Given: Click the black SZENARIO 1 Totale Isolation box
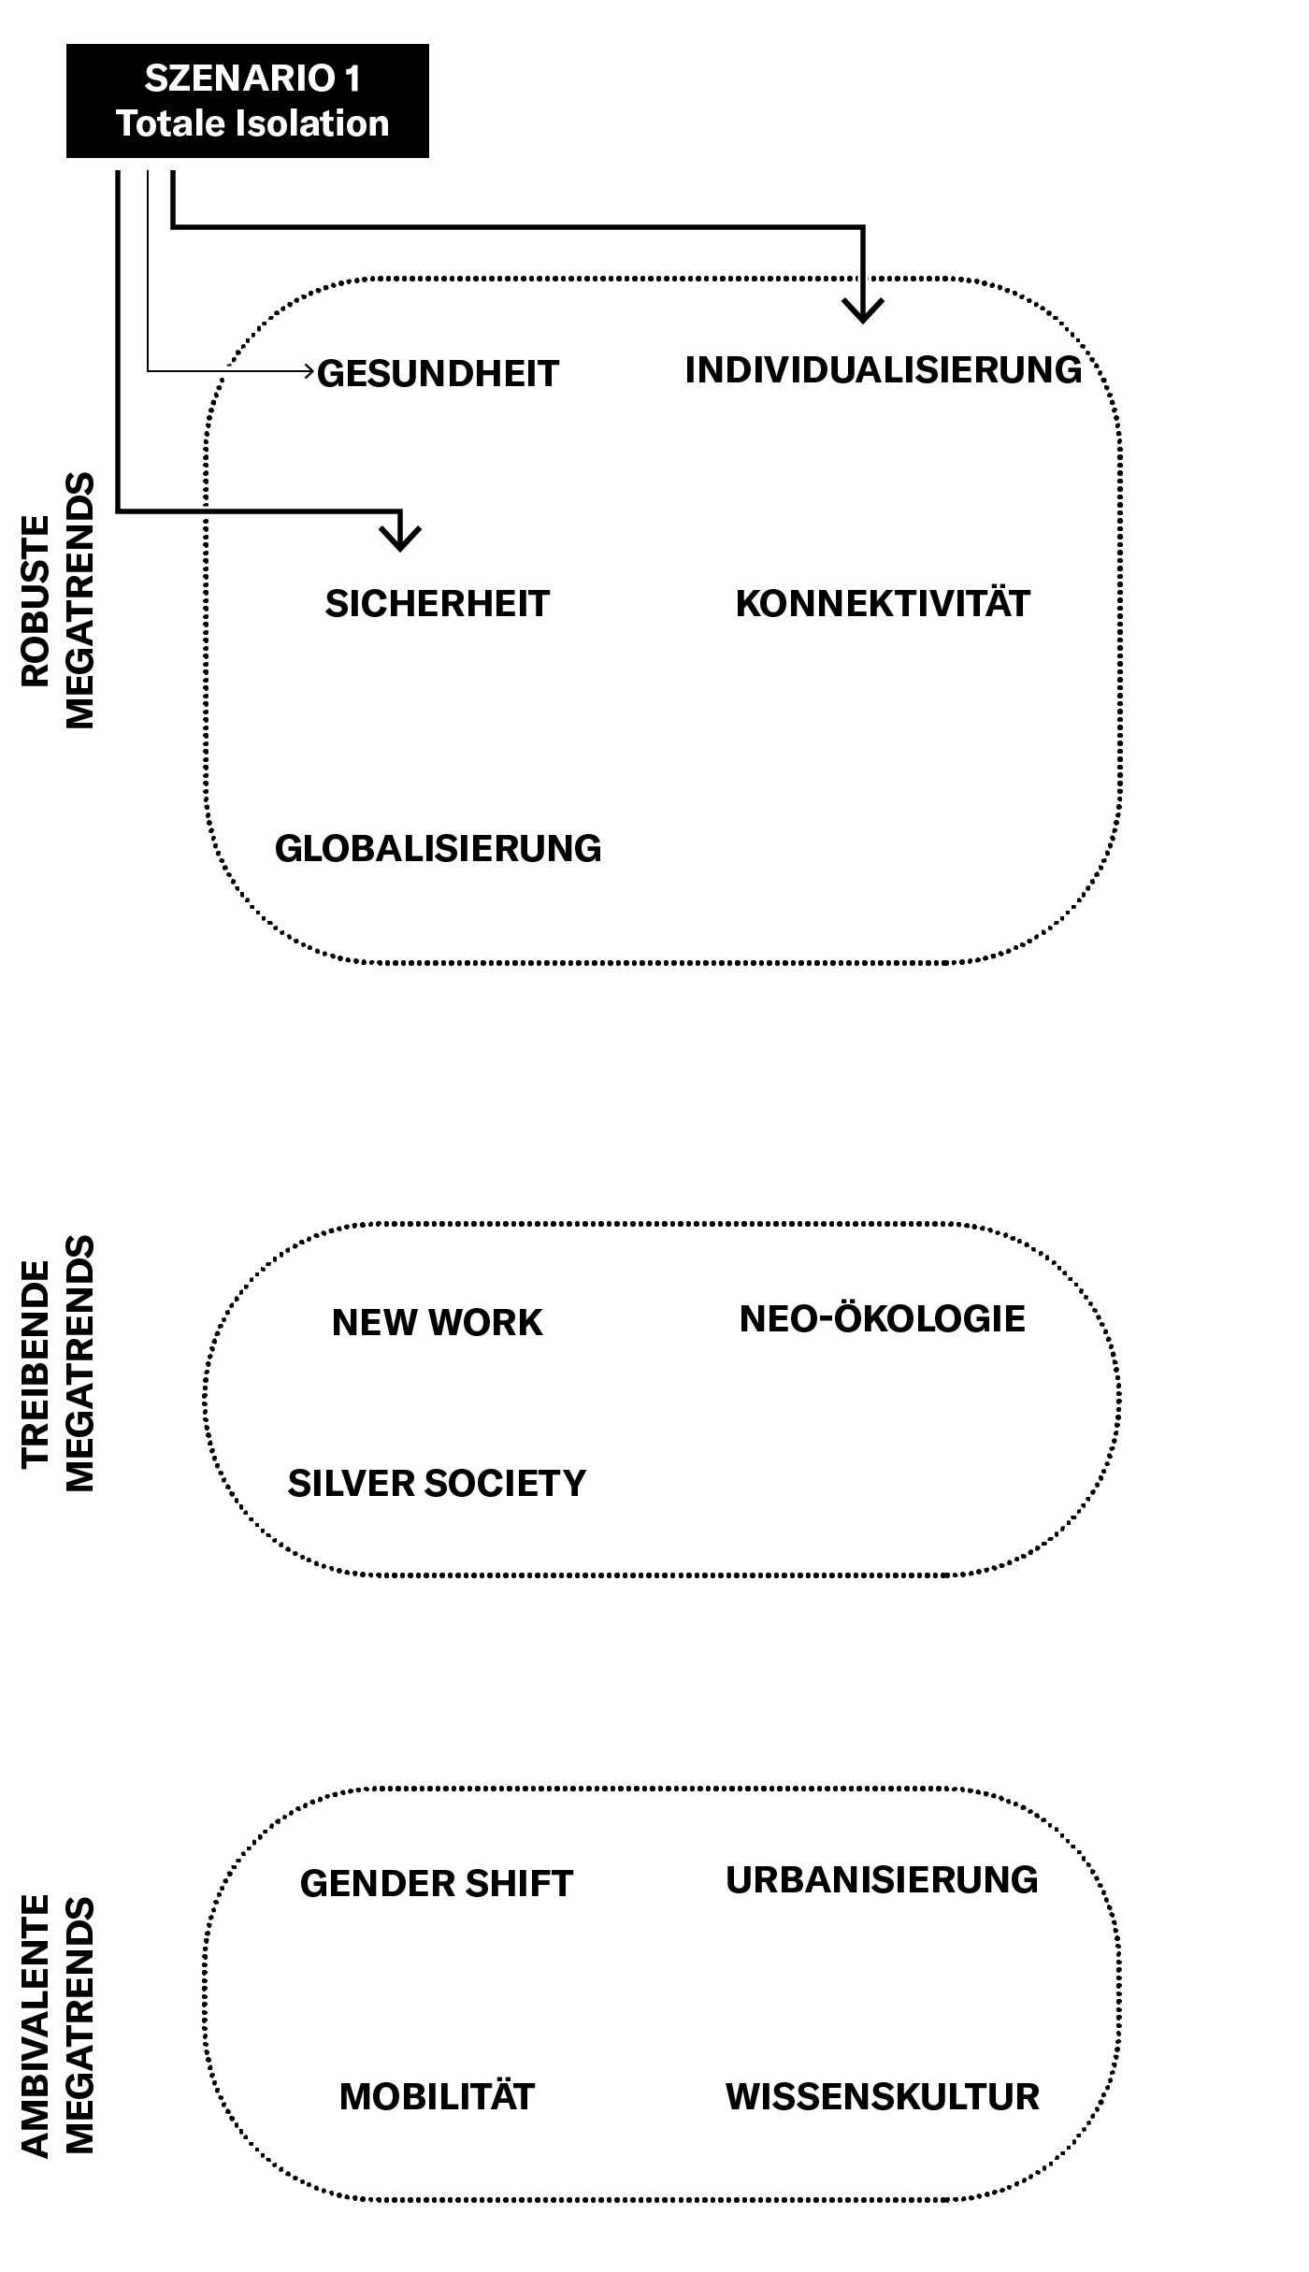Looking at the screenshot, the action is (x=248, y=101).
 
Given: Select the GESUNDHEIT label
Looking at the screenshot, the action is (x=438, y=373).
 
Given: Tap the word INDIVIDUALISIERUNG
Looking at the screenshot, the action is (x=884, y=369).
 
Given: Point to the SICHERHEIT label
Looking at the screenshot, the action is (x=438, y=603).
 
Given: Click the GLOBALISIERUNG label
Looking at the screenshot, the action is (x=438, y=848).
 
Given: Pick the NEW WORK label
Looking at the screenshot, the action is (x=438, y=1322).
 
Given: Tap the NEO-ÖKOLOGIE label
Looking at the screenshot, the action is (x=883, y=1317).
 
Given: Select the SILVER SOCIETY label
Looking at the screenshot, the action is (x=437, y=1483).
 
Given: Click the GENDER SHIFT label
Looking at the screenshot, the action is (x=437, y=1883).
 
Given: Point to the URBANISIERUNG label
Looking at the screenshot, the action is (x=882, y=1879).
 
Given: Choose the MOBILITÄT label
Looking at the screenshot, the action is (x=437, y=2096).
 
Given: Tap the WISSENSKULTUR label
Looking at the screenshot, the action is (x=883, y=2096).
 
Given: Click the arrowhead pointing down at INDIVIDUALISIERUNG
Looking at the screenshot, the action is (x=863, y=311).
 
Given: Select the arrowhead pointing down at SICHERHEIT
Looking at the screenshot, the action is (x=401, y=539).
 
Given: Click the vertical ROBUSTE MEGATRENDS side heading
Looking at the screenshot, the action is (x=58, y=600).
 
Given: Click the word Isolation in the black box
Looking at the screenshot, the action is (x=311, y=123).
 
